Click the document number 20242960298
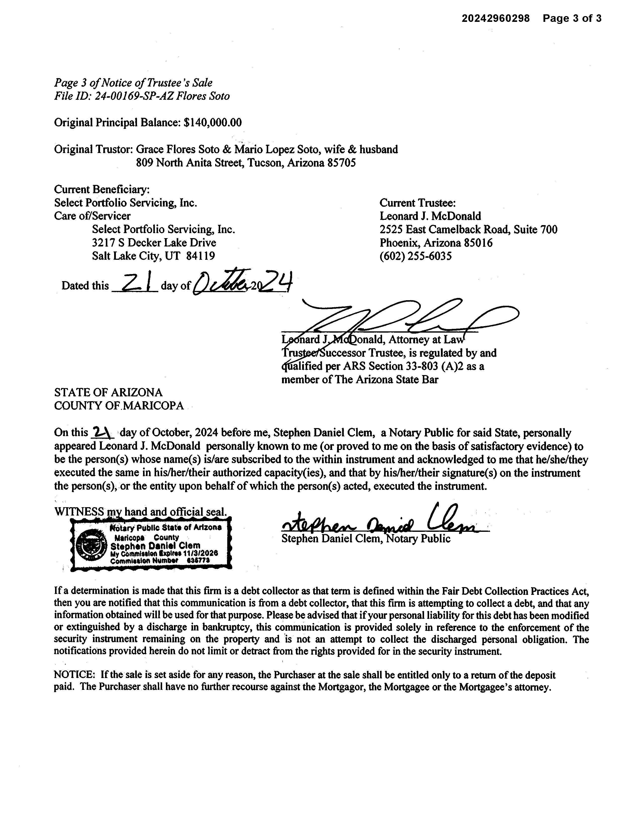pos(495,18)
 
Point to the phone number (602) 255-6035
pos(416,256)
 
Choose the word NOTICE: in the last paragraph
pos(74,675)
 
